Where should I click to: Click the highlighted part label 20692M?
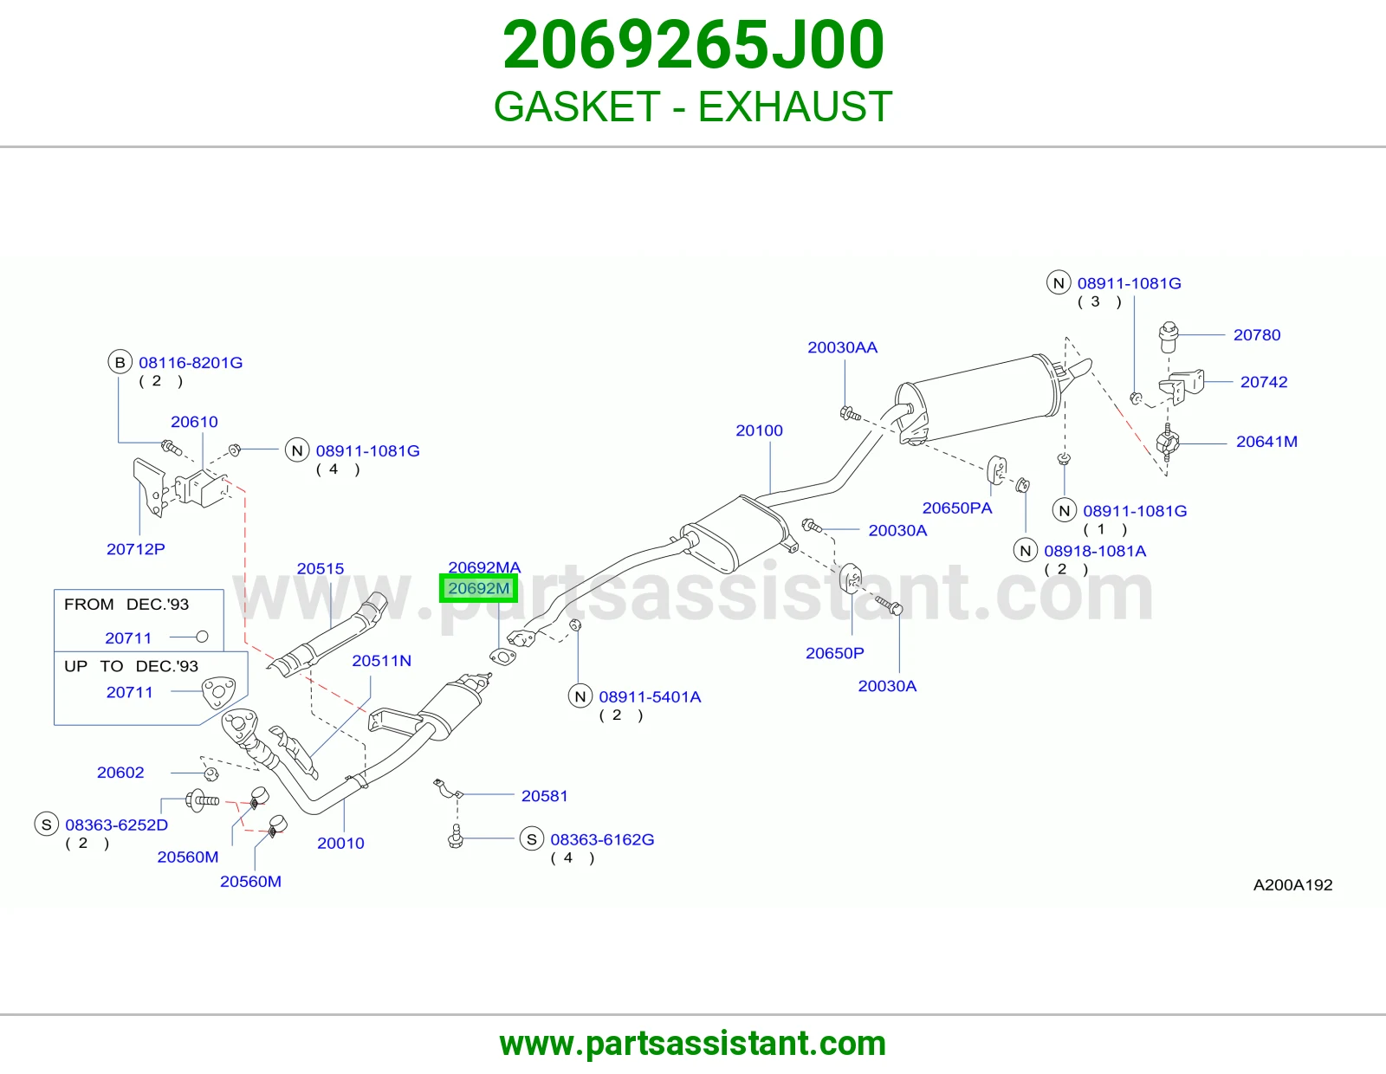478,588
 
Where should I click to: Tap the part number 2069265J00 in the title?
693,45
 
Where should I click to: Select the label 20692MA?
484,567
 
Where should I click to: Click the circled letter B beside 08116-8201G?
120,362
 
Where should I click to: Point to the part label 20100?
759,430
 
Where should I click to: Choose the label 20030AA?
843,347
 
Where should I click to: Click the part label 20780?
1257,335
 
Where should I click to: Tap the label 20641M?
1266,442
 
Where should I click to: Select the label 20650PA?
957,508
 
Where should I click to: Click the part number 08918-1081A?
1095,551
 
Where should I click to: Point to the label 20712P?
136,549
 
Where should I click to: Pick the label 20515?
321,568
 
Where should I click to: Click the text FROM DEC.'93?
126,604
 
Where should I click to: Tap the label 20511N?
381,661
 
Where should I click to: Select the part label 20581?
545,796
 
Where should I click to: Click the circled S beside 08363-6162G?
531,839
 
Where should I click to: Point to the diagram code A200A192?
1292,885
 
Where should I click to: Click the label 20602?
120,773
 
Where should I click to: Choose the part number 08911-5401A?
650,697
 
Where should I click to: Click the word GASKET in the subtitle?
577,107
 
